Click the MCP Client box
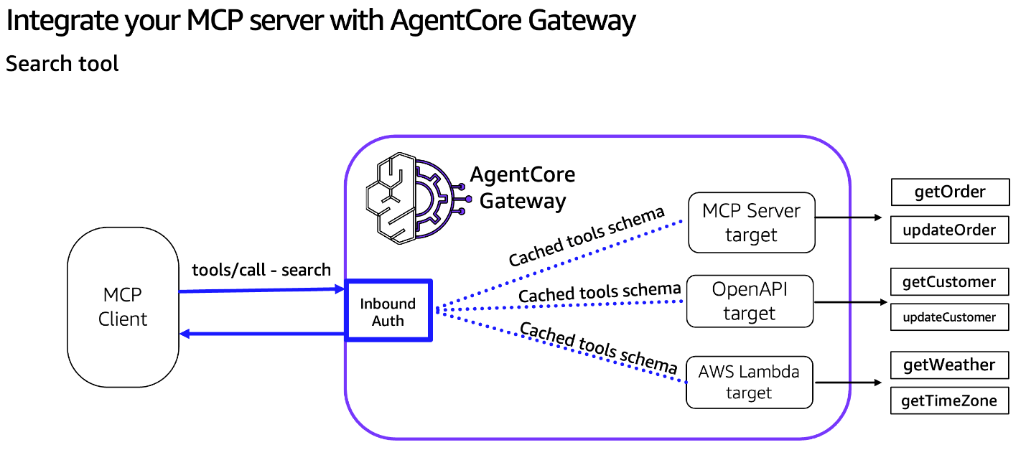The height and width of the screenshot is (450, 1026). (x=123, y=307)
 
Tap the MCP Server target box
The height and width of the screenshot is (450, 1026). (x=751, y=222)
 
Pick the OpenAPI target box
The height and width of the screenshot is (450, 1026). (x=750, y=301)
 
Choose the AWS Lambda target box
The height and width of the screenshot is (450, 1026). (x=749, y=382)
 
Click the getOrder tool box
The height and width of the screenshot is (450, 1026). (x=950, y=192)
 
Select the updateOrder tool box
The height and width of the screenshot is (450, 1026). (x=950, y=230)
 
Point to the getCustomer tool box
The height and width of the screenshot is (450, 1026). (x=949, y=282)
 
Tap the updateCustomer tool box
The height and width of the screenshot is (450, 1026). (x=949, y=317)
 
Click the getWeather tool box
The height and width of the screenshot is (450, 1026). (x=949, y=365)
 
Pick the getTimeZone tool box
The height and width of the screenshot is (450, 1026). (x=949, y=400)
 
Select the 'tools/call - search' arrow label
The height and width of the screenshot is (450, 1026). (x=261, y=271)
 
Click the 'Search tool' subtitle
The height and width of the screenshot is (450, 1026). (x=62, y=64)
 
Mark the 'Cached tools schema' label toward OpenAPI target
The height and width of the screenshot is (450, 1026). (x=600, y=293)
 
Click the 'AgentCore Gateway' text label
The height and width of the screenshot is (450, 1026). (x=523, y=188)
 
